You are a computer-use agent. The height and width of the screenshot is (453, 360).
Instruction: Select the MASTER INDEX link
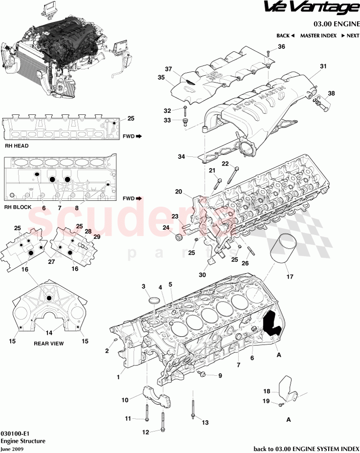(318, 36)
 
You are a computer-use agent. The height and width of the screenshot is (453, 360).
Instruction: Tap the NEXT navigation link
(350, 36)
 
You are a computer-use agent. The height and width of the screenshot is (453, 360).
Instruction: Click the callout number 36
(281, 47)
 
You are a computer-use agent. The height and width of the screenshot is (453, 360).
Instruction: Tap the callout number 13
(205, 423)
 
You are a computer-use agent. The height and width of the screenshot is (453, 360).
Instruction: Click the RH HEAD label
(17, 146)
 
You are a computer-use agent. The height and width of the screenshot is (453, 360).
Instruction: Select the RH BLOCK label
(18, 207)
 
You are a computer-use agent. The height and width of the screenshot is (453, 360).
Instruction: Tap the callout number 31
(322, 66)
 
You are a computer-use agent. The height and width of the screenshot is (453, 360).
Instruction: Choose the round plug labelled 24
(179, 238)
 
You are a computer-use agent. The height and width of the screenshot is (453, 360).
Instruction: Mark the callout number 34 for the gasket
(181, 157)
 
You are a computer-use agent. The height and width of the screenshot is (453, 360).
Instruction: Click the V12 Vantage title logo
(311, 8)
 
